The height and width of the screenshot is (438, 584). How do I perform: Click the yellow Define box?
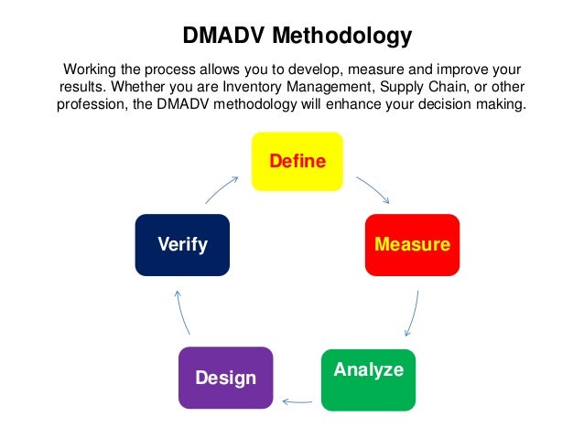[297, 162]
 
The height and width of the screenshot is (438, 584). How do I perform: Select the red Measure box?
[412, 245]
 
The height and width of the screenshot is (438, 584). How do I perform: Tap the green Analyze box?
[368, 379]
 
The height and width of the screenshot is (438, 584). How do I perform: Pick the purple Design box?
[225, 378]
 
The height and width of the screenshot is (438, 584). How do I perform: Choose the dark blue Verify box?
[182, 245]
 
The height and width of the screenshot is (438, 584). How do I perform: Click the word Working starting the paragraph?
[91, 69]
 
